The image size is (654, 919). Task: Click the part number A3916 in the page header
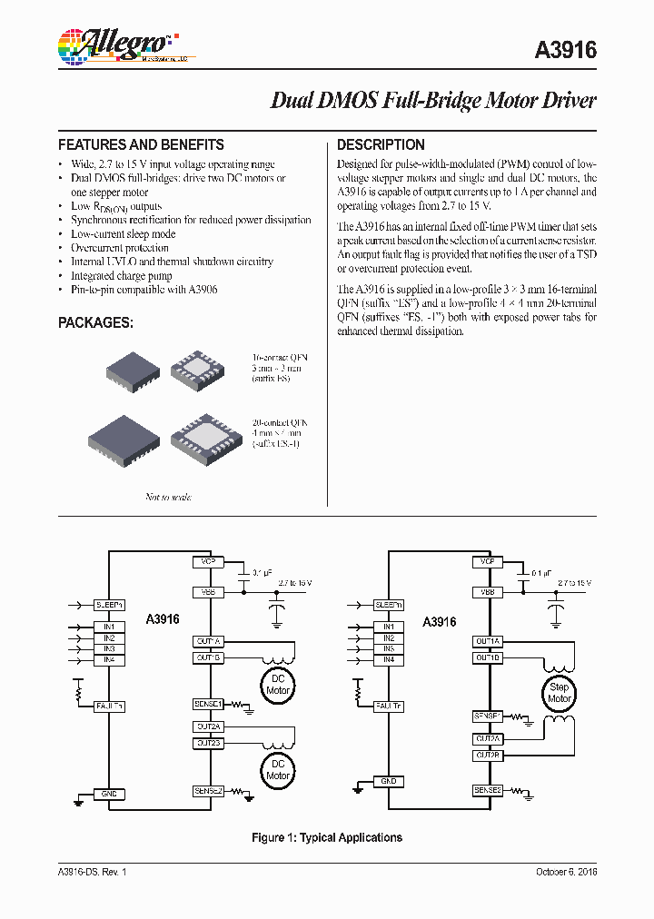(567, 51)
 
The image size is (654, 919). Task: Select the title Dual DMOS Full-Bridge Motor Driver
(433, 100)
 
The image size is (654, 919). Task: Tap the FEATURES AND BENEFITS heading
(141, 144)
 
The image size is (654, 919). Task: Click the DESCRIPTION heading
(381, 144)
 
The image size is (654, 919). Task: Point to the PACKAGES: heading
(95, 322)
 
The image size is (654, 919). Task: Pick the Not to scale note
(168, 497)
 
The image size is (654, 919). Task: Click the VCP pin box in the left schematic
(208, 562)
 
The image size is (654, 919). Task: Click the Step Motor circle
(559, 693)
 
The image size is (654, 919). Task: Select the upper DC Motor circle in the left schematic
(278, 685)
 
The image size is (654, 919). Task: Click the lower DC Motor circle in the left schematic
(278, 770)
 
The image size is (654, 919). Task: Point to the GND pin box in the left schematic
(110, 794)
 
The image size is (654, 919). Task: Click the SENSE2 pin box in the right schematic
(487, 791)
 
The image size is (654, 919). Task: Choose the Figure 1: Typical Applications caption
(327, 837)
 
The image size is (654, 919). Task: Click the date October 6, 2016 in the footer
(560, 872)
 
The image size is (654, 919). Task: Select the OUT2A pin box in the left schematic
(208, 726)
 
